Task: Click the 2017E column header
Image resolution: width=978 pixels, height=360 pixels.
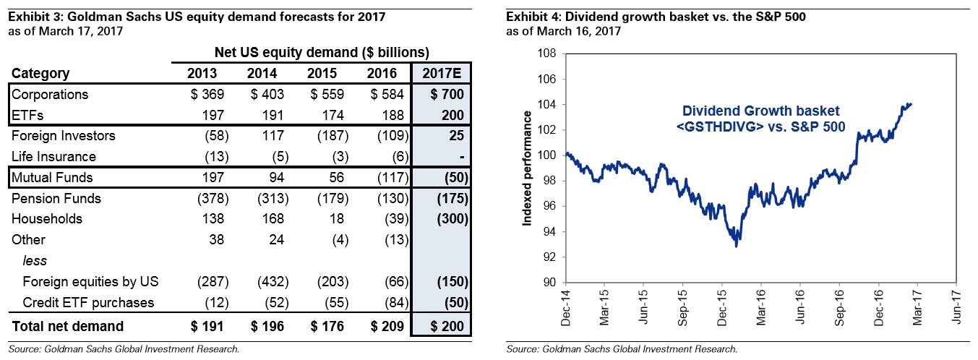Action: coord(441,73)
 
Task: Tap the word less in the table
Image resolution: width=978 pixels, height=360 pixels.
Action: coord(33,261)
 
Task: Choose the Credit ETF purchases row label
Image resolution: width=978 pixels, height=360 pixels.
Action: coord(88,302)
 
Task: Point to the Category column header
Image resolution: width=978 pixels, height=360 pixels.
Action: coord(40,73)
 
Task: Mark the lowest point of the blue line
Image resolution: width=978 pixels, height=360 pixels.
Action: coord(736,247)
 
